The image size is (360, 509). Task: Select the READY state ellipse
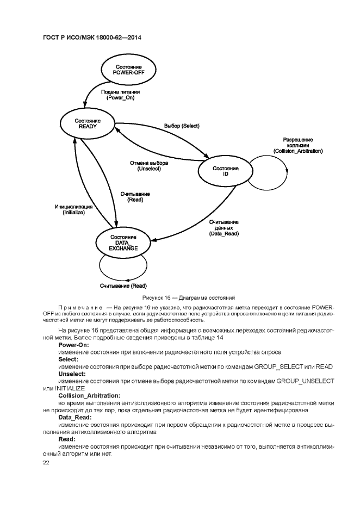[87, 123]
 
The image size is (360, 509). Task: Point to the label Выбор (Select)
[182, 126]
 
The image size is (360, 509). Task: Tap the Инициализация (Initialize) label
[73, 210]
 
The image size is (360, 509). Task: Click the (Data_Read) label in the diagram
[224, 233]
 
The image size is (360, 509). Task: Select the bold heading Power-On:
[74, 345]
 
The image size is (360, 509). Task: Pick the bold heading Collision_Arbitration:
[89, 395]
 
